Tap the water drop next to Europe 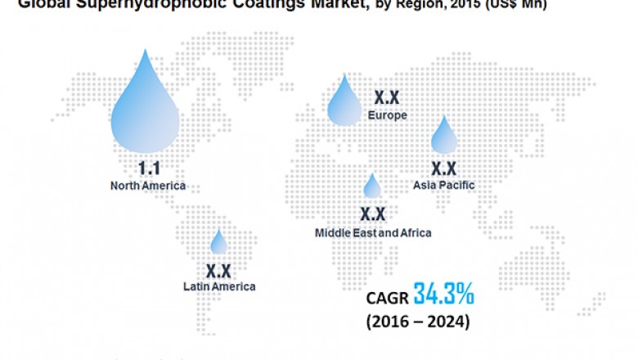(344, 105)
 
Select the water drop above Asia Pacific (444, 138)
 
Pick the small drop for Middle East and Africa (372, 188)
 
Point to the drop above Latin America (218, 244)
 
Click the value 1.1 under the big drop (148, 169)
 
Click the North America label (148, 186)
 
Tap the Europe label (387, 115)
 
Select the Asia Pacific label (444, 185)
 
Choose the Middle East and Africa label (373, 233)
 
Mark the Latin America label (219, 286)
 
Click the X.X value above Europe (387, 97)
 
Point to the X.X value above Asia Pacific (443, 169)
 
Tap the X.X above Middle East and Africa (372, 214)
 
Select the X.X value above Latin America (218, 270)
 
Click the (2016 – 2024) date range (418, 322)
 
